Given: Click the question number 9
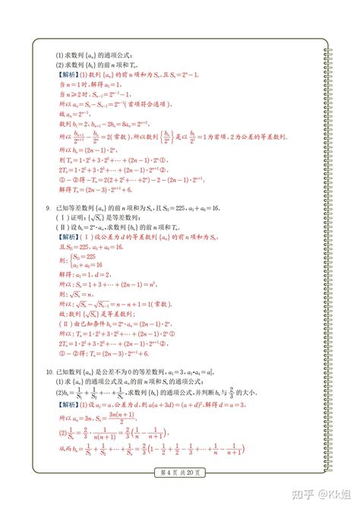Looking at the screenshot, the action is coord(48,207).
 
